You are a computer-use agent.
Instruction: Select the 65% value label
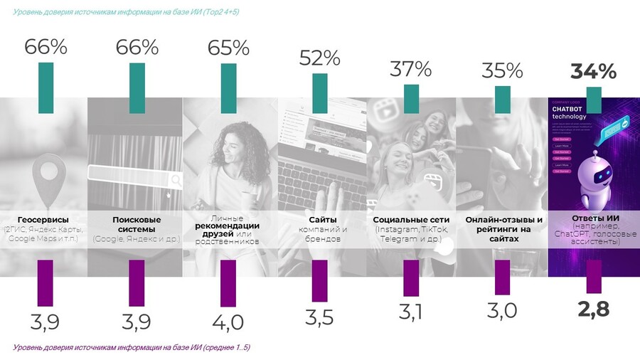(228, 48)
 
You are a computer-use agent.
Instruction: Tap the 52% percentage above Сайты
(320, 58)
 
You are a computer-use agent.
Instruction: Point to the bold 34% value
(593, 71)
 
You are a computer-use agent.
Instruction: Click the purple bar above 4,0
(228, 282)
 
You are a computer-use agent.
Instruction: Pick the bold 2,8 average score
(594, 309)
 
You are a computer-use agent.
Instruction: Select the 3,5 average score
(319, 317)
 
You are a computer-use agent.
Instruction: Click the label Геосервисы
(46, 220)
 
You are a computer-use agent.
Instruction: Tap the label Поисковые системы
(137, 224)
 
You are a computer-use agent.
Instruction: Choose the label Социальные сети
(411, 220)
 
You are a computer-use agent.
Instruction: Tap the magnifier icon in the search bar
(175, 180)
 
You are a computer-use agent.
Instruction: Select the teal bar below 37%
(411, 97)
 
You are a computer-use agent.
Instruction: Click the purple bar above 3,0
(502, 277)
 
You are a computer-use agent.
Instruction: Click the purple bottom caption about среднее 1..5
(132, 347)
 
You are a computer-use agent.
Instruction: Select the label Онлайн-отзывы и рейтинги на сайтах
(502, 229)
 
